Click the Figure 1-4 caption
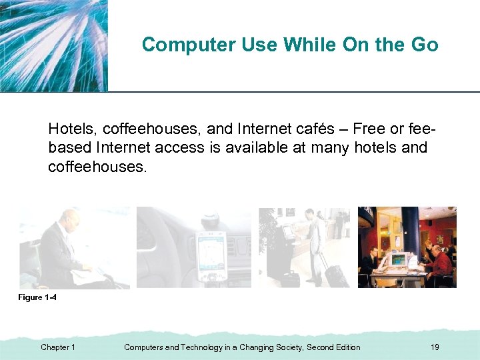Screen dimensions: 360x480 (37, 297)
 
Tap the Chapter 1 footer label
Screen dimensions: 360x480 (58, 347)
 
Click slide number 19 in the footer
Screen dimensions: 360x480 (435, 347)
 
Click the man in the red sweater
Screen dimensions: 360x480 (440, 263)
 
